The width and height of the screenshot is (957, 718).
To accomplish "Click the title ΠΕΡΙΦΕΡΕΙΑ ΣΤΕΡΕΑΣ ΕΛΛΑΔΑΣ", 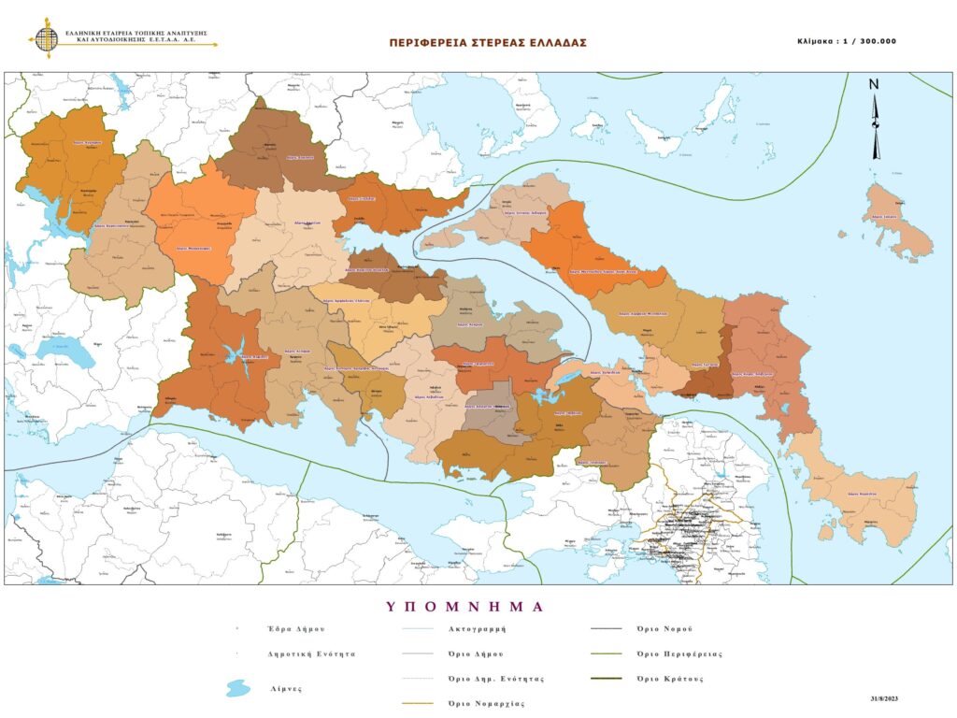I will [488, 43].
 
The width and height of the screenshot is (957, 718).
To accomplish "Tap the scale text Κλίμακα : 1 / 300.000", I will [847, 42].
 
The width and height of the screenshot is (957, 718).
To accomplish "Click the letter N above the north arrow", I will [874, 84].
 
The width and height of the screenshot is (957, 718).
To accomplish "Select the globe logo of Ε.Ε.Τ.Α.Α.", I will [46, 38].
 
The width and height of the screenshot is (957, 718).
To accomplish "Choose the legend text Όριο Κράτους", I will [669, 678].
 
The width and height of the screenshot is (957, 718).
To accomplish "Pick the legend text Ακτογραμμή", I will [477, 629].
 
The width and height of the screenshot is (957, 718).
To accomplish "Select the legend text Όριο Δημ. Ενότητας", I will [495, 678].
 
